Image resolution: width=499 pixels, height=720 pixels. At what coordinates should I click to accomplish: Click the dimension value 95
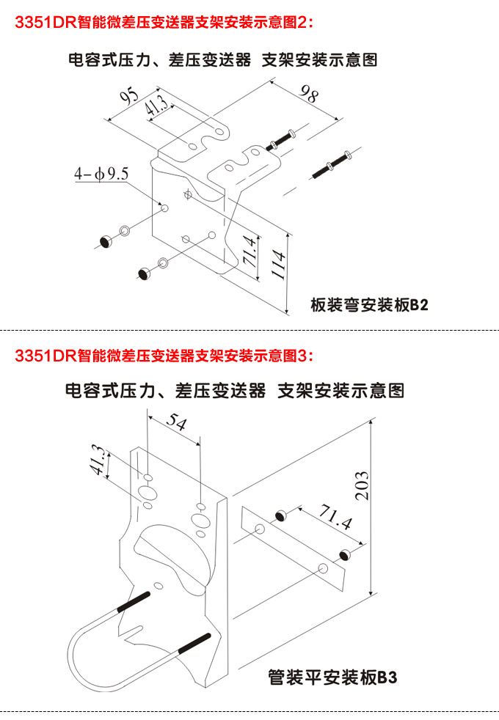click(130, 98)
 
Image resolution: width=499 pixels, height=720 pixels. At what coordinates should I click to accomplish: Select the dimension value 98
click(310, 95)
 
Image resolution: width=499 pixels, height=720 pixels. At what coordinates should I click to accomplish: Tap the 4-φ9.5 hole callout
click(101, 175)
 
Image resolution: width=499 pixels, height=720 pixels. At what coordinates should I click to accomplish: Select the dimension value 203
click(361, 485)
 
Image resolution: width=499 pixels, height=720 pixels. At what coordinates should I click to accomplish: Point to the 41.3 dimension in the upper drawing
click(156, 107)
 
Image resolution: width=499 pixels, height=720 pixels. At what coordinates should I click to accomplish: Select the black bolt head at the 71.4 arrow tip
click(344, 554)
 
